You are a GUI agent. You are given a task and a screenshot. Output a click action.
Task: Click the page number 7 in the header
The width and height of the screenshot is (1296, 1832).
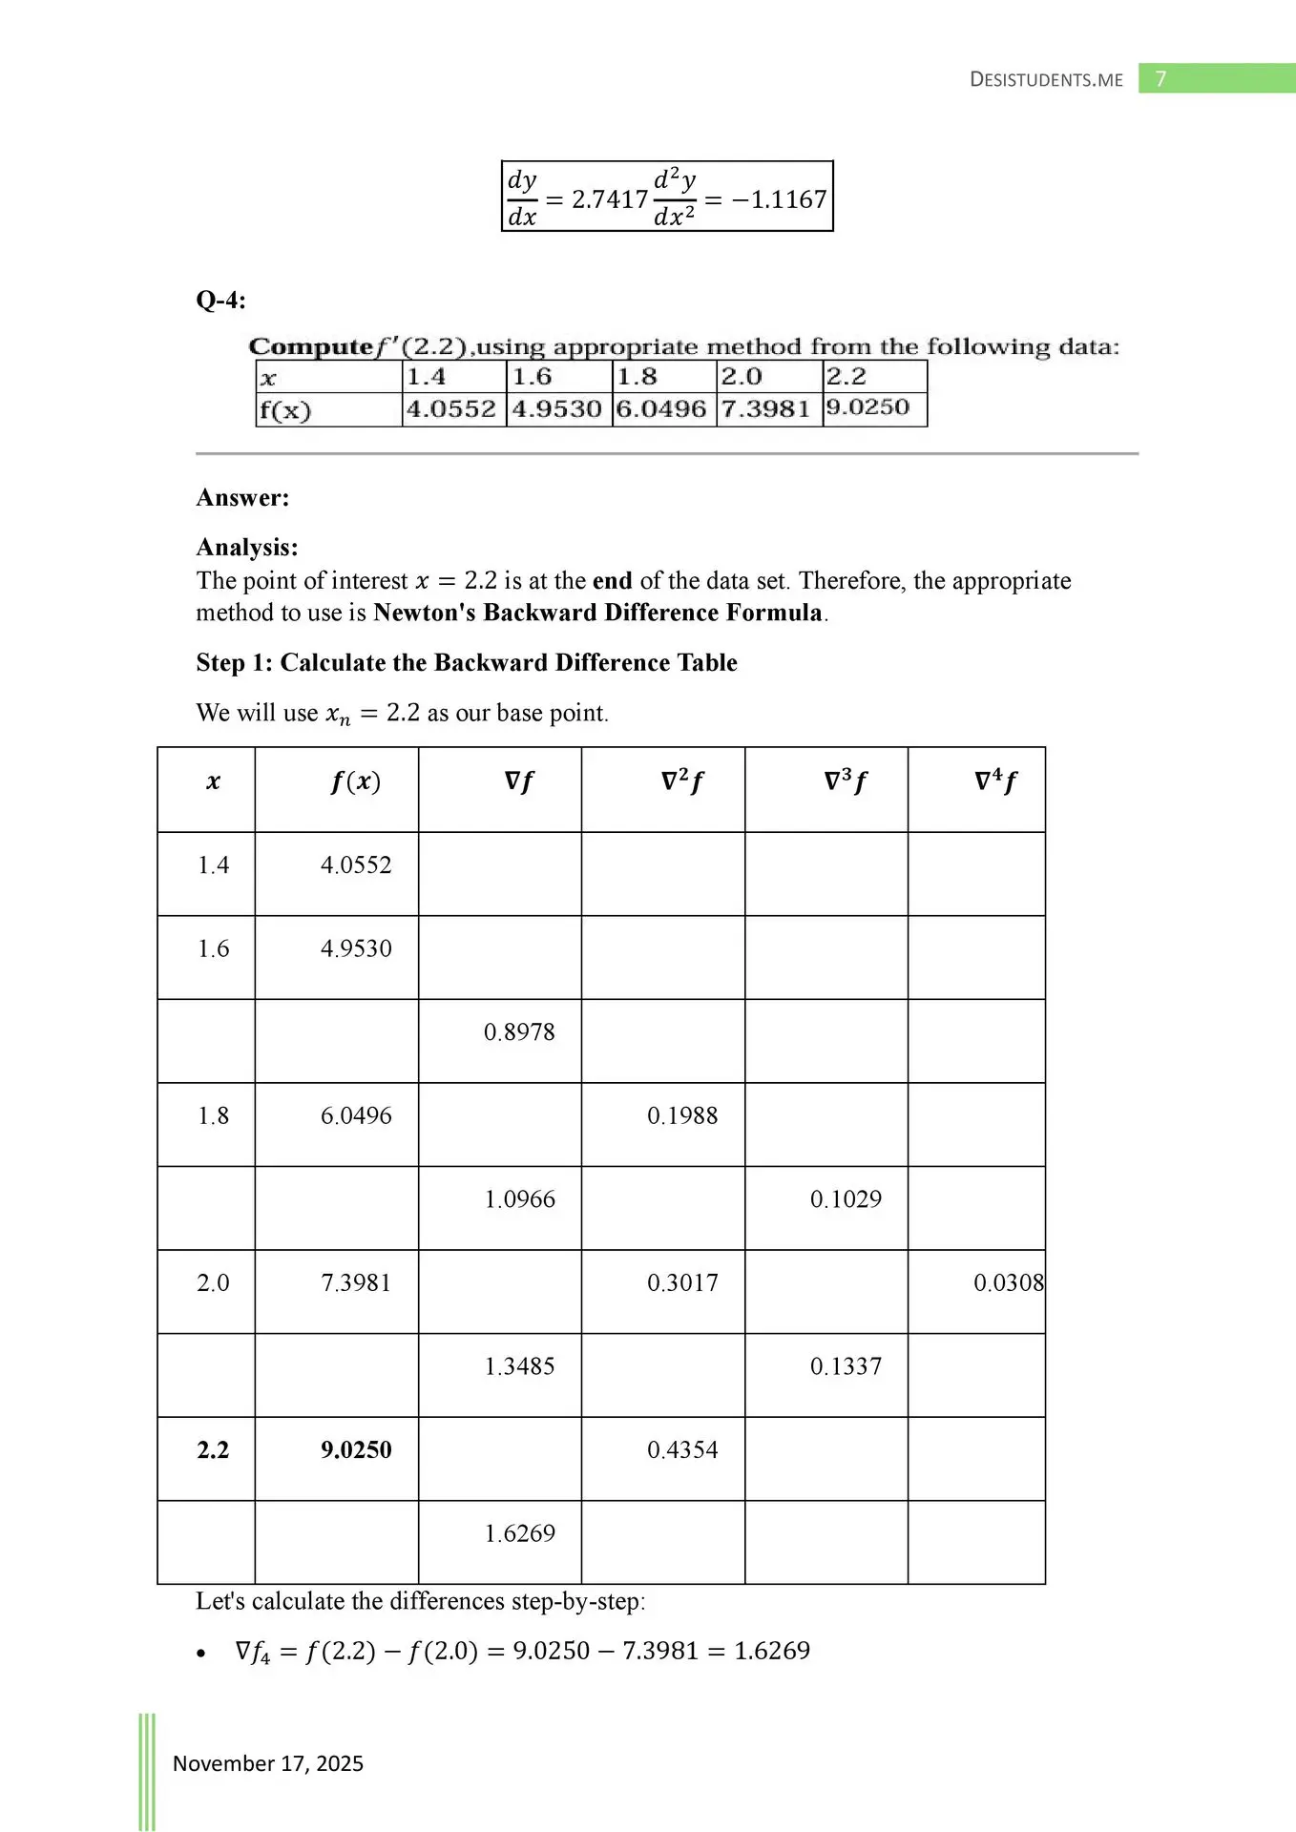[x=1160, y=79]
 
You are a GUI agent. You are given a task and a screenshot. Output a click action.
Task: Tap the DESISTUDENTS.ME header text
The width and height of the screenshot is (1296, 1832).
[x=1046, y=80]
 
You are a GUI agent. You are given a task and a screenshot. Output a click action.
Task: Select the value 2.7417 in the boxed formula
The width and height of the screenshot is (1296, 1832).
[x=610, y=199]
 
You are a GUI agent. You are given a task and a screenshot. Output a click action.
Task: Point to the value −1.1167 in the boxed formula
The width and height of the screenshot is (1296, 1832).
[x=779, y=199]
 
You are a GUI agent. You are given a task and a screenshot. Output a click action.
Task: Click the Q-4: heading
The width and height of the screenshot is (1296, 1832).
[x=220, y=301]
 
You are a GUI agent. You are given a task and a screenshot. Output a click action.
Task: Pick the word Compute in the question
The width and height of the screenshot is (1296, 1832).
[x=310, y=346]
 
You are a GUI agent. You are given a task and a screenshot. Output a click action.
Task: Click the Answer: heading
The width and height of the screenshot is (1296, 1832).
[x=242, y=498]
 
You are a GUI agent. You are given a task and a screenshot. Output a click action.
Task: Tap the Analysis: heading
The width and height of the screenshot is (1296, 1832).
[x=247, y=548]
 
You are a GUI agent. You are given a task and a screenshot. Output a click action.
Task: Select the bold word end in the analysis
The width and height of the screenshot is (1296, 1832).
[x=612, y=581]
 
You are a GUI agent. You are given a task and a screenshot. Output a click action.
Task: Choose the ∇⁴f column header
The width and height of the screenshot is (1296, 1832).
[x=994, y=782]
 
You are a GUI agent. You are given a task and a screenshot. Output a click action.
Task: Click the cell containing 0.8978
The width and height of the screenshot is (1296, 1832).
[x=519, y=1032]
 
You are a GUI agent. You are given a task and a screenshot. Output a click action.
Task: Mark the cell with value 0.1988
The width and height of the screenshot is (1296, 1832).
[x=682, y=1115]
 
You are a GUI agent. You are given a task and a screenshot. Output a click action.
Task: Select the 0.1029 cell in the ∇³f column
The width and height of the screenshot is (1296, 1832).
[x=846, y=1199]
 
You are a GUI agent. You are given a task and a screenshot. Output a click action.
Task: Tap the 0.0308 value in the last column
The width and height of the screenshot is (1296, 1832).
[x=1008, y=1283]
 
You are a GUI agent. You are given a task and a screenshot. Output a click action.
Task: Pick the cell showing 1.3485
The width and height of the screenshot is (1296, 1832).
[x=519, y=1366]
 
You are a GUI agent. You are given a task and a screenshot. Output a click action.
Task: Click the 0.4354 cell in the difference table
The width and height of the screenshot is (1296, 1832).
[x=682, y=1450]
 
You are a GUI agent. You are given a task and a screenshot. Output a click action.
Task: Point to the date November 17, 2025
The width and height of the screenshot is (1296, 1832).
[x=268, y=1763]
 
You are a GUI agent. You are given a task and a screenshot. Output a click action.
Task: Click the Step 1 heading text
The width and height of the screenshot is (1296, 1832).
[x=467, y=663]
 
